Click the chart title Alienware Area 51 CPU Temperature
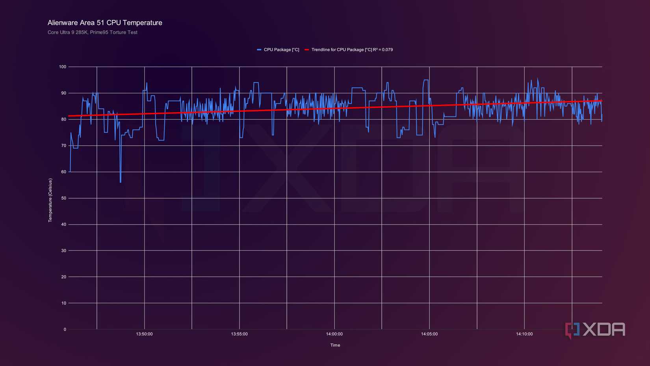pos(105,23)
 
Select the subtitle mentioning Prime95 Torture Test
pos(93,32)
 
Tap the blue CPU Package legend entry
pos(278,50)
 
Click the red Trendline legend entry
pos(349,50)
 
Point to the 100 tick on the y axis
pos(63,67)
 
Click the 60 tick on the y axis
pos(64,172)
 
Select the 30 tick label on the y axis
pos(64,251)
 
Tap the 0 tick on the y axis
pos(65,329)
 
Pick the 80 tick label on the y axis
pos(64,119)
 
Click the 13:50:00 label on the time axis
pos(144,334)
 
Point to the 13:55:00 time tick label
pos(239,334)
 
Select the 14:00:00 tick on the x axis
pos(334,334)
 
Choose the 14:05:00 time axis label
pos(429,334)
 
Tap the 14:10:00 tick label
pos(524,334)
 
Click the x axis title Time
pos(335,345)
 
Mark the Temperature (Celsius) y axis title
pos(50,200)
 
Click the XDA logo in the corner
pos(595,330)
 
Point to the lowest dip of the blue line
pos(121,182)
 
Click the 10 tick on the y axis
pos(64,303)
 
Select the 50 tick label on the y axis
pos(64,198)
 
